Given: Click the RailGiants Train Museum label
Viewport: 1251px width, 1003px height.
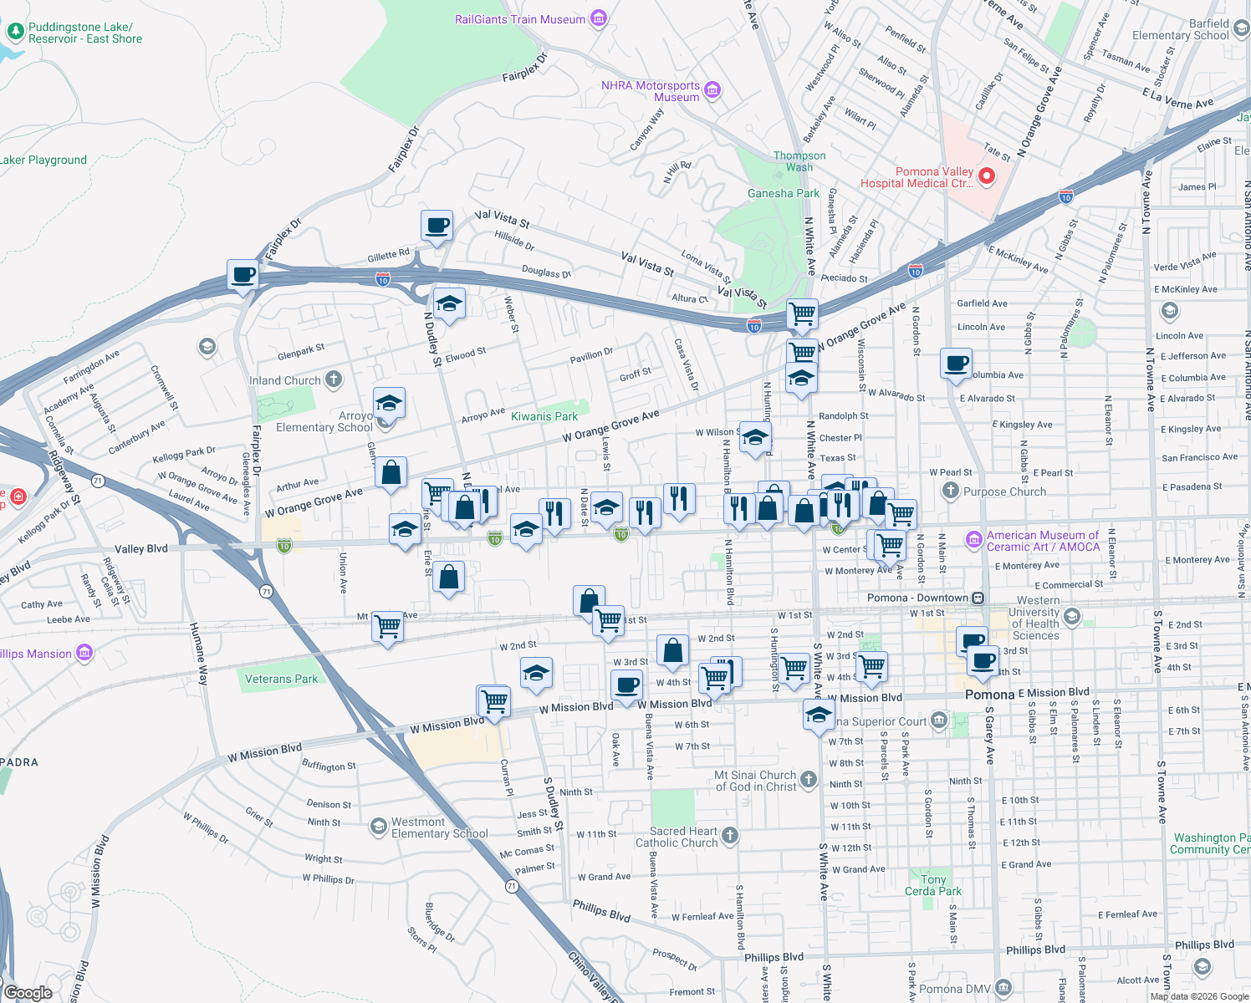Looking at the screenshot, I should coord(519,19).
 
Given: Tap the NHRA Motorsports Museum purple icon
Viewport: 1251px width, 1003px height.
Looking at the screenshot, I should coord(712,90).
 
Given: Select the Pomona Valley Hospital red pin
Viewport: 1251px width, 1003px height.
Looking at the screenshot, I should coord(986,176).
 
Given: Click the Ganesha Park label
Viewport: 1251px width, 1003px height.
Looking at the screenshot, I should coord(783,193).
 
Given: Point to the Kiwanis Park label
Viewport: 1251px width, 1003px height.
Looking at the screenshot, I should coord(544,416).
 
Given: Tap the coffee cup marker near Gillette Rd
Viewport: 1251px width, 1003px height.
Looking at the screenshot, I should coord(437,226).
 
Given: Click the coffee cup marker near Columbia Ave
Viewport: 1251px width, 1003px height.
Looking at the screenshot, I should coord(956,364).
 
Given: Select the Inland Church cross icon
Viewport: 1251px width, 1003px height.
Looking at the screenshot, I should coord(334,379).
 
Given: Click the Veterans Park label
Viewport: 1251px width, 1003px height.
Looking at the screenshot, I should coord(281,679).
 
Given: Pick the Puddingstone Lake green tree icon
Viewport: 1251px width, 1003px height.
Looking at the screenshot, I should coord(15,32).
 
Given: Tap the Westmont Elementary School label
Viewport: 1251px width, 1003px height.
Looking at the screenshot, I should coord(439,827).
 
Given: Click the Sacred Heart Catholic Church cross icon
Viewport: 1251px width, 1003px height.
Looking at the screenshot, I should coord(730,835).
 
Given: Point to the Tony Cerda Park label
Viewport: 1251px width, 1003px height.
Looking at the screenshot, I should coord(933,885).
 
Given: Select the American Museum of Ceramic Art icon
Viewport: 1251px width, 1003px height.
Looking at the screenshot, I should coord(973,540).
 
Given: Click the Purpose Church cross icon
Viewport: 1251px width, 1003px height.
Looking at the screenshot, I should coord(951,491).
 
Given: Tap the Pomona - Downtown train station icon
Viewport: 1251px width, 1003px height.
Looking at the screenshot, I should coord(978,598).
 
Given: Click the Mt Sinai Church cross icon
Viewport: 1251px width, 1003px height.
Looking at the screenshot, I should coord(808,780).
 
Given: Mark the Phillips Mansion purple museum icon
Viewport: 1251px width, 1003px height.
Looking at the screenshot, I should coord(84,653).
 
